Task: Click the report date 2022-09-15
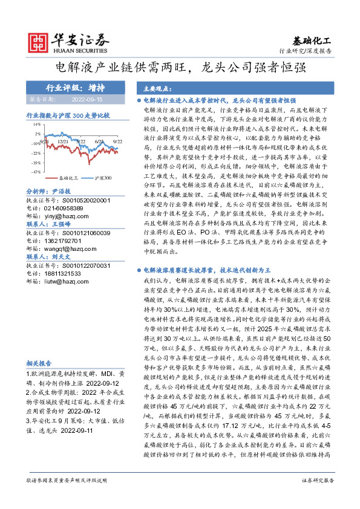coord(88,98)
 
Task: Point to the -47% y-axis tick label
coord(36,172)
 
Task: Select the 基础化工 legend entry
coord(67,178)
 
